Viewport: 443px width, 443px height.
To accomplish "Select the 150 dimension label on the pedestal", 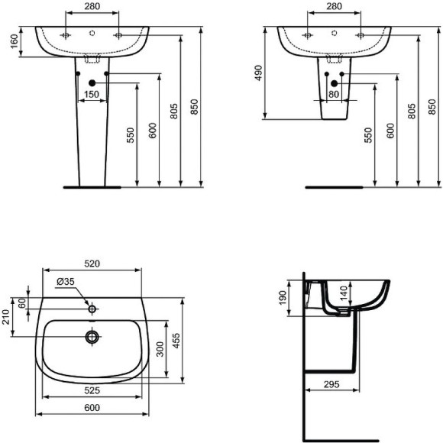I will [92, 94].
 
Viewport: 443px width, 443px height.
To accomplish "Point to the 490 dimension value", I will [259, 73].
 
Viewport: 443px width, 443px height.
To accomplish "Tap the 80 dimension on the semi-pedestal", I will [334, 94].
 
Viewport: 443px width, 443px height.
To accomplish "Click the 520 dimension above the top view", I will [92, 264].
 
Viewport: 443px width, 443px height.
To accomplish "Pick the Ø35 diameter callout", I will [66, 282].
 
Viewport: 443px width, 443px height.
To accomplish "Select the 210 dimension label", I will [7, 315].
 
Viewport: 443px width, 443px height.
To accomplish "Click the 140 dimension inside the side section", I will [344, 291].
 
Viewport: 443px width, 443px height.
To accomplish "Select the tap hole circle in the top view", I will [92, 309].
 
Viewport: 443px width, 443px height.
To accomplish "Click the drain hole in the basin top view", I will [92, 336].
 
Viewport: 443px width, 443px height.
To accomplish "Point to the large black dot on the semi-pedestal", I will [334, 82].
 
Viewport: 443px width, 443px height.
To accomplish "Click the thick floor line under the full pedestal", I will [92, 186].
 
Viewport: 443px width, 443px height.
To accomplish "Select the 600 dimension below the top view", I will [92, 409].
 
